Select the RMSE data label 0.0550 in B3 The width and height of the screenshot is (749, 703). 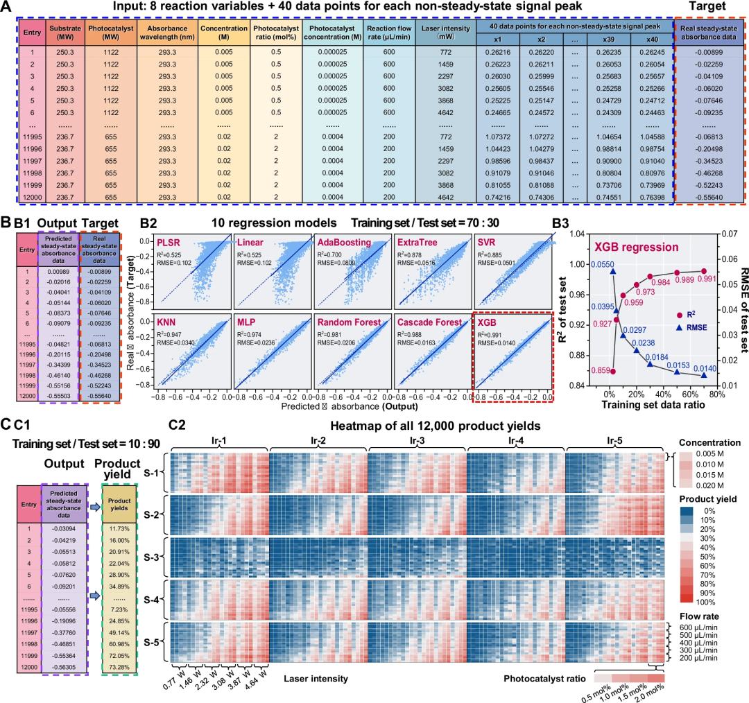603,265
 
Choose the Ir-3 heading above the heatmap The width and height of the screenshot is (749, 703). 416,440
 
